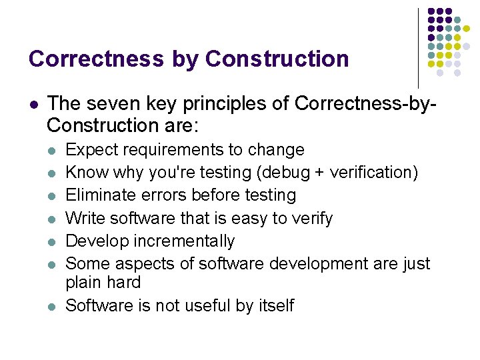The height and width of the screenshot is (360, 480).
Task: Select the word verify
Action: tap(312, 218)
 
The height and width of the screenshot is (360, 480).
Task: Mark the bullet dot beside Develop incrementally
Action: tap(51, 241)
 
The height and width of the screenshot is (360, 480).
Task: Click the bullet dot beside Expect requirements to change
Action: tap(51, 151)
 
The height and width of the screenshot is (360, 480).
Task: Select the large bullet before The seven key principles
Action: tap(33, 104)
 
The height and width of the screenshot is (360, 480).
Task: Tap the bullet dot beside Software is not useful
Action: tap(51, 306)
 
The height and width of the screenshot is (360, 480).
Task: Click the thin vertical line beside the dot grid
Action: tap(418, 47)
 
